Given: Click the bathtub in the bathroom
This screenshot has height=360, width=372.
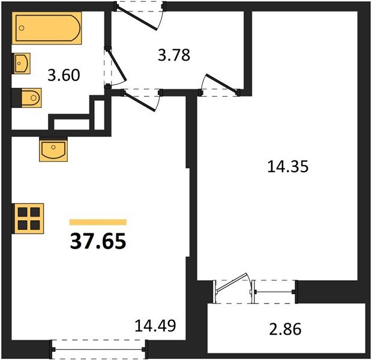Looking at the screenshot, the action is pyautogui.click(x=47, y=28).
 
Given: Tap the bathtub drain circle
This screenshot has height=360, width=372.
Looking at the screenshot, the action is pyautogui.click(x=22, y=28).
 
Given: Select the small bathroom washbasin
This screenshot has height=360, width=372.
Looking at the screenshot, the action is pyautogui.click(x=22, y=64).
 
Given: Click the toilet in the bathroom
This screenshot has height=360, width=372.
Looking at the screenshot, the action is pyautogui.click(x=26, y=98).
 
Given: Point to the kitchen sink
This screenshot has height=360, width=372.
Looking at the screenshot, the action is pyautogui.click(x=53, y=149).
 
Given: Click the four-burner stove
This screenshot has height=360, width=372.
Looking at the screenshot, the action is pyautogui.click(x=28, y=218).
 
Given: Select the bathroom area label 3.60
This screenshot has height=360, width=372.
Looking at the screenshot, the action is pyautogui.click(x=64, y=75).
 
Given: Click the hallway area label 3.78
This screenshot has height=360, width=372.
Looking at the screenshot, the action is pyautogui.click(x=174, y=55).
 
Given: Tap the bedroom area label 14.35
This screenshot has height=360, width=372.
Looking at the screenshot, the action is pyautogui.click(x=288, y=166).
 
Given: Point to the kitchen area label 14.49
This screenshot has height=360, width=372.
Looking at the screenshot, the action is pyautogui.click(x=155, y=326).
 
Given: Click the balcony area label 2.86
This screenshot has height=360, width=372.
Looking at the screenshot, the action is pyautogui.click(x=285, y=329).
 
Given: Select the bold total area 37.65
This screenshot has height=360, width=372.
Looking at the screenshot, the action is pyautogui.click(x=98, y=241).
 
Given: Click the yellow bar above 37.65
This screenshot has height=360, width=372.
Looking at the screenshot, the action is pyautogui.click(x=98, y=222).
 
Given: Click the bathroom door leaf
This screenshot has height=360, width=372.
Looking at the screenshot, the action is pyautogui.click(x=116, y=65).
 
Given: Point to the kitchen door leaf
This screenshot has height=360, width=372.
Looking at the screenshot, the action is pyautogui.click(x=139, y=101).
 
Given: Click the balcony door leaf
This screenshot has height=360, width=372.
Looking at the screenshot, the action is pyautogui.click(x=232, y=283).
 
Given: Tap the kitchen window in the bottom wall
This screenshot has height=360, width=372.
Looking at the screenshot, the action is pyautogui.click(x=98, y=349).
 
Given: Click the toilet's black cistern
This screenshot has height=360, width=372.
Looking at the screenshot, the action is pyautogui.click(x=17, y=98).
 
